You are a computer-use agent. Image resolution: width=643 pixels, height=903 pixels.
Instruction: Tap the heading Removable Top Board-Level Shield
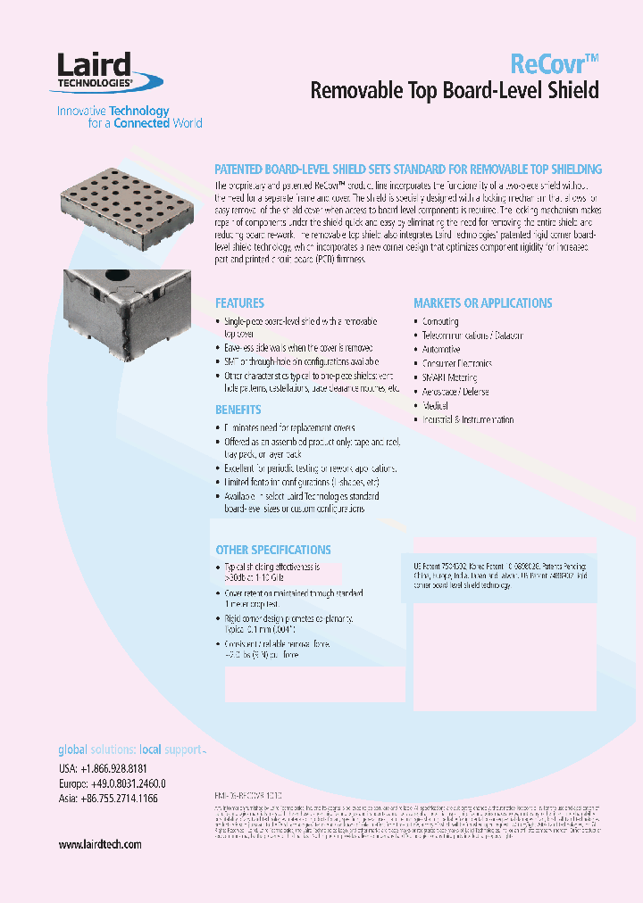pyautogui.click(x=454, y=91)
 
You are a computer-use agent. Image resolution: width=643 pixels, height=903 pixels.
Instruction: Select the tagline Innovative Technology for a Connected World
pyautogui.click(x=129, y=117)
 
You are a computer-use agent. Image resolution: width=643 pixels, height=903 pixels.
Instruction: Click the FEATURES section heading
pyautogui.click(x=239, y=303)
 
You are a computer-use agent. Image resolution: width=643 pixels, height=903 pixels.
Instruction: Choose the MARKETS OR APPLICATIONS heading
pyautogui.click(x=482, y=303)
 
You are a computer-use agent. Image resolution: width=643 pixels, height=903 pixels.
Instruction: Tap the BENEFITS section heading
pyautogui.click(x=238, y=410)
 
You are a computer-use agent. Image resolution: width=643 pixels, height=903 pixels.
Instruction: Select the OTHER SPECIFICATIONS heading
pyautogui.click(x=273, y=550)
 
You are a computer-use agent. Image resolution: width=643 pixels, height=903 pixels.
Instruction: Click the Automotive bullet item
pyautogui.click(x=441, y=350)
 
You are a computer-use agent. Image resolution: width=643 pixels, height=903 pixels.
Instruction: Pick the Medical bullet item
pyautogui.click(x=435, y=405)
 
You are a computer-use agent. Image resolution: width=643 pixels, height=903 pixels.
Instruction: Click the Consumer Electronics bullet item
pyautogui.click(x=456, y=363)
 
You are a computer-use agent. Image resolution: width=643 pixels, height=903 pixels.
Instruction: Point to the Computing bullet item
pyautogui.click(x=440, y=321)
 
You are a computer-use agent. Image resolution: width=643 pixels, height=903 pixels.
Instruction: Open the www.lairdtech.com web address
pyautogui.click(x=100, y=844)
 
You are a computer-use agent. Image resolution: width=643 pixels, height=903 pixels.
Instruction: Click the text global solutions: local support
pyautogui.click(x=130, y=750)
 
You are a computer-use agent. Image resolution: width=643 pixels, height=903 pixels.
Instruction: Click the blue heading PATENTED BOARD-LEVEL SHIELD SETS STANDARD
pyautogui.click(x=409, y=169)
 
